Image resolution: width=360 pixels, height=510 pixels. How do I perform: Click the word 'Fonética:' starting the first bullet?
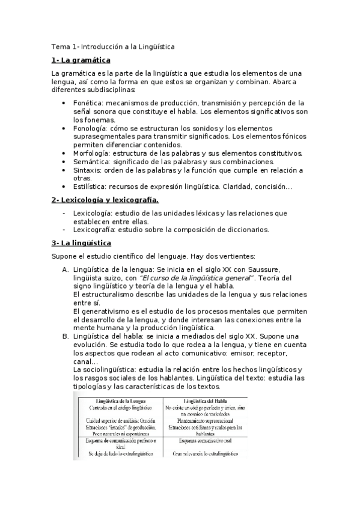click(90, 103)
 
